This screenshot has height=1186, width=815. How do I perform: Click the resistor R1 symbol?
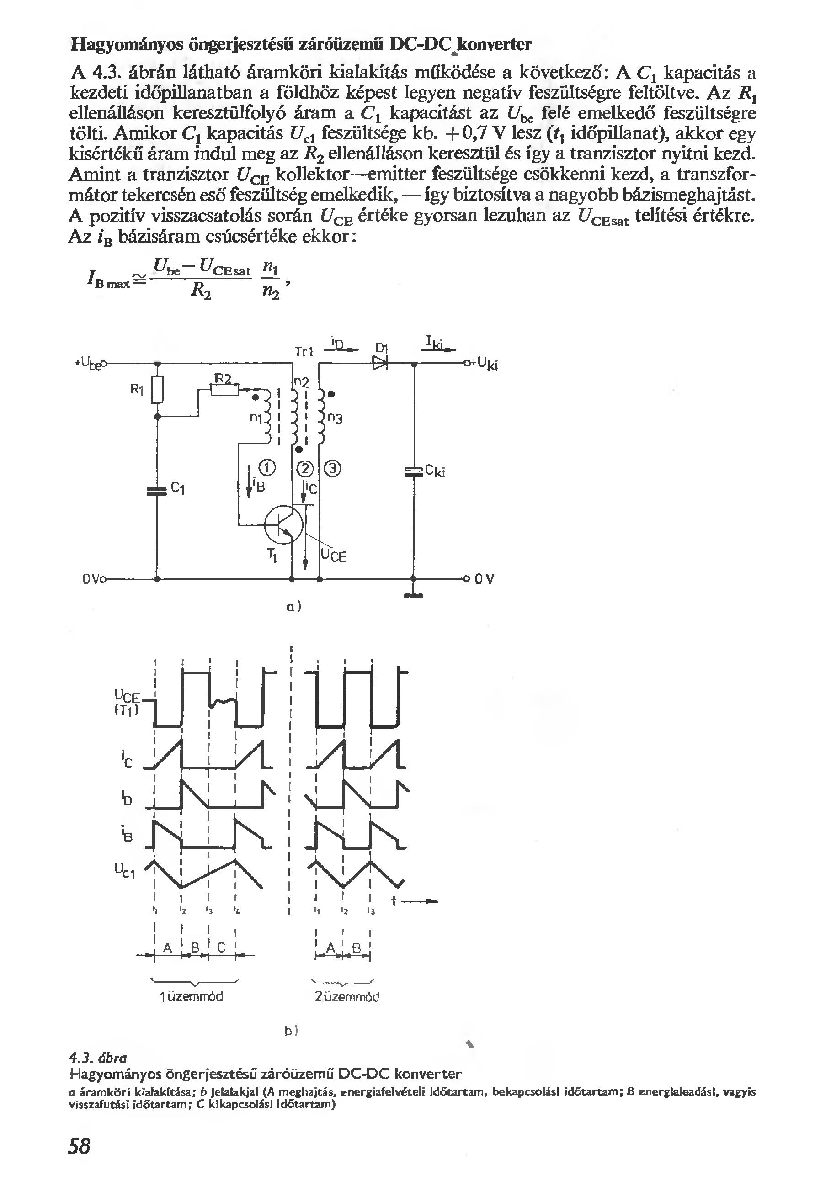tap(158, 389)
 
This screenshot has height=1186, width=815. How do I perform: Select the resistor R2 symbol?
tap(225, 391)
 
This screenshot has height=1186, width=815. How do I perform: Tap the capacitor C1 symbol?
tap(157, 491)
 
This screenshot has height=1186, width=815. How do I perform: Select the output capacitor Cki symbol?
tap(413, 471)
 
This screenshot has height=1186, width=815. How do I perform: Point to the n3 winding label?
tap(335, 419)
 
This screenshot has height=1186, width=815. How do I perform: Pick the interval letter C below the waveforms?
tap(221, 948)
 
